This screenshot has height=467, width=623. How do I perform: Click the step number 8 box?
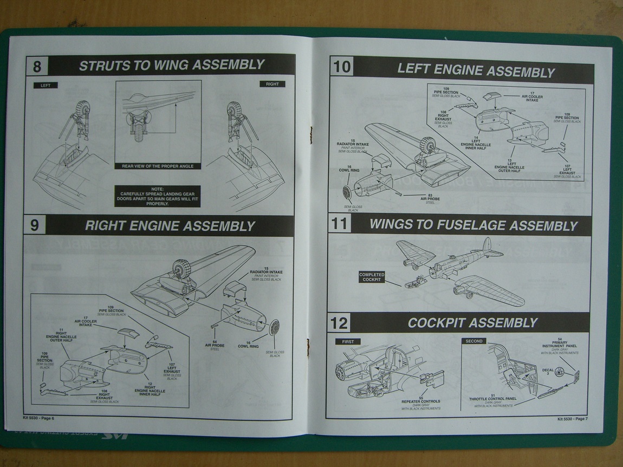point(37,67)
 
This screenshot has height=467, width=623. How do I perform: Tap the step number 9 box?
point(35,225)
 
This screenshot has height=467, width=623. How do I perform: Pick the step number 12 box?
point(340,323)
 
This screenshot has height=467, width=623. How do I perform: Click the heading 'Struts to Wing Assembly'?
point(172,66)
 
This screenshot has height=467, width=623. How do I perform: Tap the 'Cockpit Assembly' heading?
point(472,323)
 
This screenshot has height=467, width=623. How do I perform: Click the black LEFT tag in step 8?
point(45,85)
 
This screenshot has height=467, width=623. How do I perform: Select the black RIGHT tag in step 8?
point(272,84)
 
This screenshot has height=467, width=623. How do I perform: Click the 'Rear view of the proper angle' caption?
point(158,166)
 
